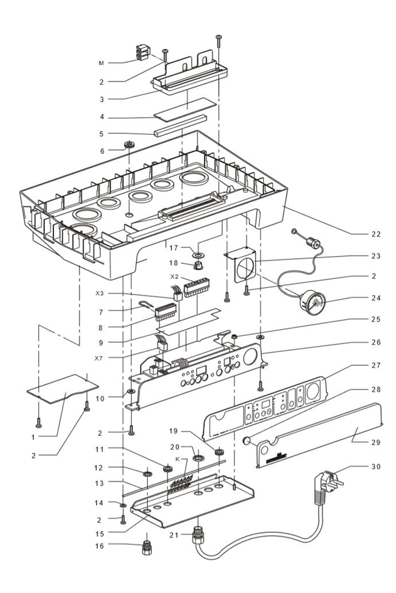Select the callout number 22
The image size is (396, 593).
tap(375, 233)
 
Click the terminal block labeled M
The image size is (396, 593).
tap(143, 53)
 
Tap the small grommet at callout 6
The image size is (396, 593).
tap(129, 145)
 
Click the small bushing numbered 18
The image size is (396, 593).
tap(198, 266)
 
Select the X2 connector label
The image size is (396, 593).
tap(174, 277)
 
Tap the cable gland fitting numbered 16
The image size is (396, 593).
tap(147, 545)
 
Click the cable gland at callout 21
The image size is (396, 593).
tap(197, 538)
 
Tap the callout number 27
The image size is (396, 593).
tap(375, 366)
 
